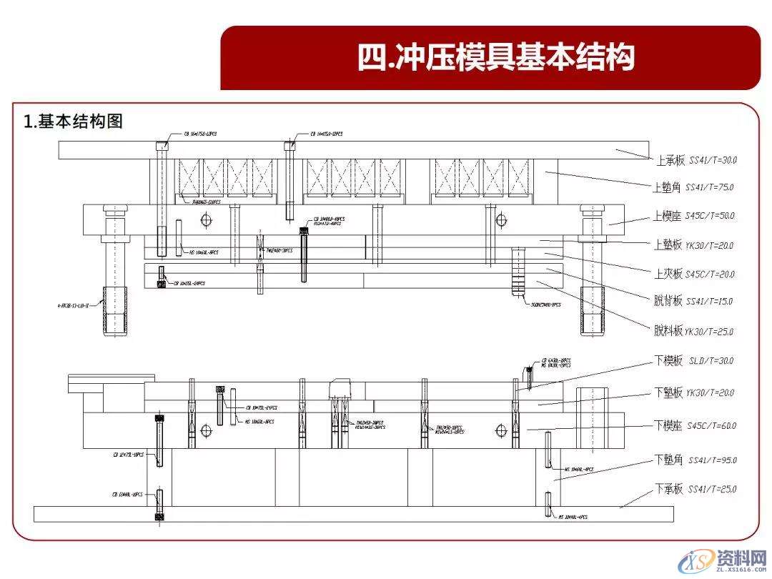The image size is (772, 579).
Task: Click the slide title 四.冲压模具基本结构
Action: click(496, 58)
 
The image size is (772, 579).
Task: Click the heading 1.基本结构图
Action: click(74, 122)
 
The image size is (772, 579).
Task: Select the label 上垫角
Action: click(667, 187)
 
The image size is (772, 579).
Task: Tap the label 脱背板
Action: click(668, 302)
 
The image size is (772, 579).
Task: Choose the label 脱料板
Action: click(668, 331)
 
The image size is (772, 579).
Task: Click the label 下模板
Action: click(669, 361)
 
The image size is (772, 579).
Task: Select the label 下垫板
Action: click(669, 392)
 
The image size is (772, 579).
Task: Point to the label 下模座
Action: click(669, 426)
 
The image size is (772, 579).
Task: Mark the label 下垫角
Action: click(669, 460)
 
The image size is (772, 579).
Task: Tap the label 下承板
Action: click(669, 490)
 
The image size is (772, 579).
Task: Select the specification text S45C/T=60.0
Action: click(711, 426)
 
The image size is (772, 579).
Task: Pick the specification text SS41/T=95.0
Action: click(713, 460)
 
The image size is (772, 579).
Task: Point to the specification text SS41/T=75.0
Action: click(710, 187)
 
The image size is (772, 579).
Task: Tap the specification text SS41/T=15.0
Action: click(710, 302)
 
